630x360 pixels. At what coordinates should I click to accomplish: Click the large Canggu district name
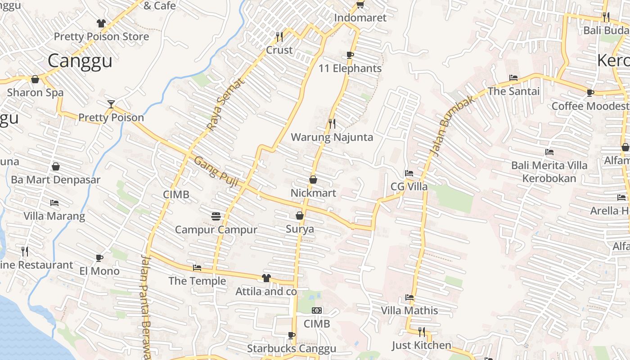[80, 61]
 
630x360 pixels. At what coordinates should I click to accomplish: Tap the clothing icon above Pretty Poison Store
[101, 23]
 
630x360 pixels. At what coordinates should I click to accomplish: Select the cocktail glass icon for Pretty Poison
[111, 104]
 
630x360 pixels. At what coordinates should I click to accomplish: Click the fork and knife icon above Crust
[279, 36]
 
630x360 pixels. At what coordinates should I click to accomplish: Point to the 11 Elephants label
[350, 68]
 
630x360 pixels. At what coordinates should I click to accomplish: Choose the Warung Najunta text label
[332, 137]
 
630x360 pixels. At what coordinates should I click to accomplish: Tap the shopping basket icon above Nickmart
[313, 180]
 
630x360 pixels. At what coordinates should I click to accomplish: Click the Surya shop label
[300, 229]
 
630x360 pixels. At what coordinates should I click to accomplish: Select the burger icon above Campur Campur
[216, 216]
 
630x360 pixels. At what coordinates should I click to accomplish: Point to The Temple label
[197, 281]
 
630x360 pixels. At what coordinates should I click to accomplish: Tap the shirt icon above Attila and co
[266, 278]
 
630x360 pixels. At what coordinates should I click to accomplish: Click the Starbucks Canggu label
[291, 349]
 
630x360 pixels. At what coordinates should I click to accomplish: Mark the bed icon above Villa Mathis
[409, 297]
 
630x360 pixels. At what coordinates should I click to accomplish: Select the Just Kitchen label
[421, 345]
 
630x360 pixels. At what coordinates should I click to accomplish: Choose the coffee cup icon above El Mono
[99, 258]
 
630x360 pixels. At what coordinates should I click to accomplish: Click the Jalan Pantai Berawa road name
[146, 306]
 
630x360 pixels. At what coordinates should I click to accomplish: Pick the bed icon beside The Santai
[513, 78]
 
